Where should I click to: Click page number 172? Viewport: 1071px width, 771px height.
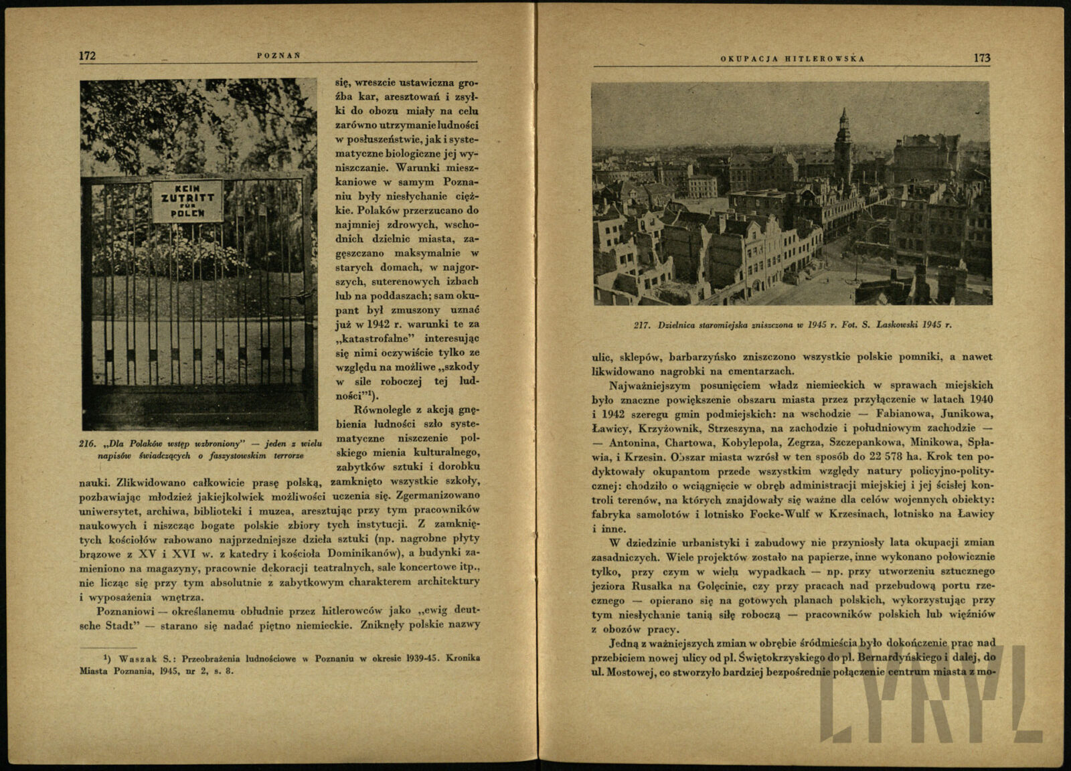pyautogui.click(x=87, y=56)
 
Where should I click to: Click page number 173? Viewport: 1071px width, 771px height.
pyautogui.click(x=982, y=58)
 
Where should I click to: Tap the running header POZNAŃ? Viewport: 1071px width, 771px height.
pyautogui.click(x=278, y=56)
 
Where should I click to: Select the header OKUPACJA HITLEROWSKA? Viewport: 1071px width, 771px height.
pyautogui.click(x=793, y=59)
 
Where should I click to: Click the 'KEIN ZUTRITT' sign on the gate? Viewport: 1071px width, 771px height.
pyautogui.click(x=187, y=201)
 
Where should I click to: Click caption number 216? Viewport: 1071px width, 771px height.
pyautogui.click(x=88, y=443)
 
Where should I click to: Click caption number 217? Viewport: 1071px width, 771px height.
pyautogui.click(x=643, y=325)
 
